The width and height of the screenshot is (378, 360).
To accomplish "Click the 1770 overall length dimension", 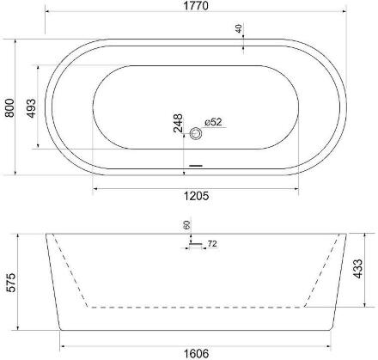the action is pos(196,6).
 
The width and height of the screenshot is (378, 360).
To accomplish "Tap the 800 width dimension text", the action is pos(9,107).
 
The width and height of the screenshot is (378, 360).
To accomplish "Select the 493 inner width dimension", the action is pos(31,108).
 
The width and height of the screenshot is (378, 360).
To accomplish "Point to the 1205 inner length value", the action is pos(196,196).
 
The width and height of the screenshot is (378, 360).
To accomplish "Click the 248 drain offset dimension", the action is pos(178,123).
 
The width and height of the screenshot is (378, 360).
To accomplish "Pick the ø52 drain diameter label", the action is pos(213,122).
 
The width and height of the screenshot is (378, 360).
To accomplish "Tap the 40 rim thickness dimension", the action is pos(239,28).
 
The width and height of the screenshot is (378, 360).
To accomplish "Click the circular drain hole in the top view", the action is pos(196,133).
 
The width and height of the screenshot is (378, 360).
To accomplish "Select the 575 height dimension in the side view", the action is pos(11,283).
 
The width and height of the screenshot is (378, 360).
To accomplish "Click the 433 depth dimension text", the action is pos(357,269).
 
